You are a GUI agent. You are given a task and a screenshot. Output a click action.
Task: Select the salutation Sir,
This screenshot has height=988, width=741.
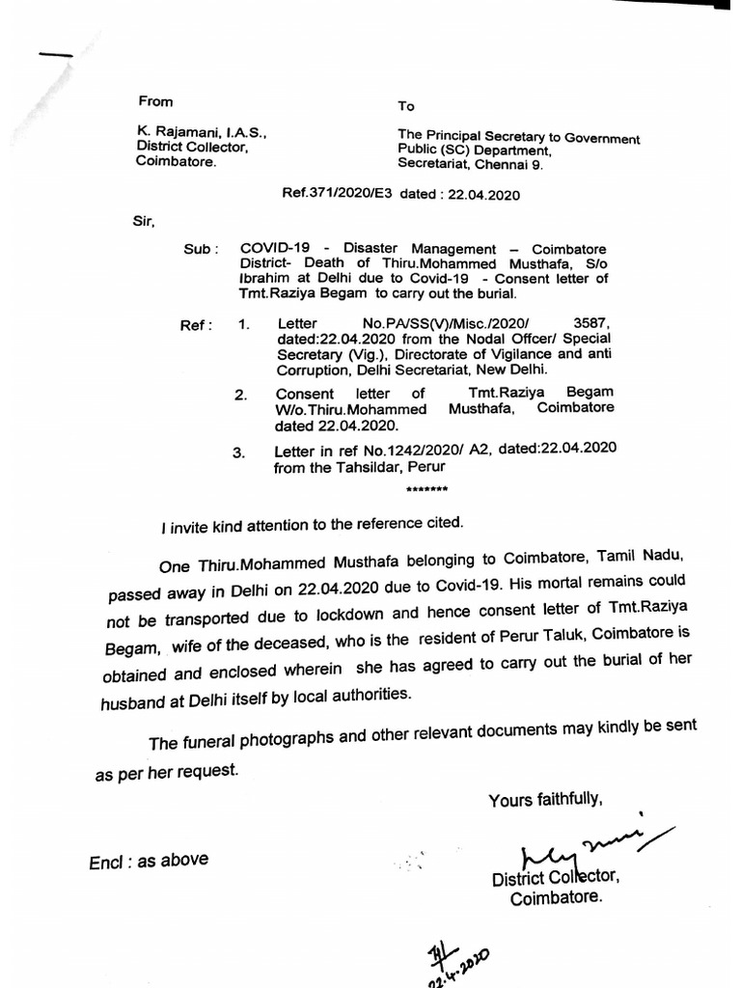pos(143,221)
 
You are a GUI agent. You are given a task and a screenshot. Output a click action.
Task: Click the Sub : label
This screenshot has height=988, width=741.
pos(201,248)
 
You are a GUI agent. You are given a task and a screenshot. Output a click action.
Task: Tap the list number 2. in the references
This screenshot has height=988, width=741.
pos(240,395)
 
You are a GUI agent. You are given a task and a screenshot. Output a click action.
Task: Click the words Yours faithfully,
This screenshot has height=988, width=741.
pos(545,800)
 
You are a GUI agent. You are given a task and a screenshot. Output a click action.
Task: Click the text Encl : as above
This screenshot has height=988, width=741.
pos(149,861)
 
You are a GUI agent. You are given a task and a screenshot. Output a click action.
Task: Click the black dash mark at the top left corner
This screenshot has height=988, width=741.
pos(55,55)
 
